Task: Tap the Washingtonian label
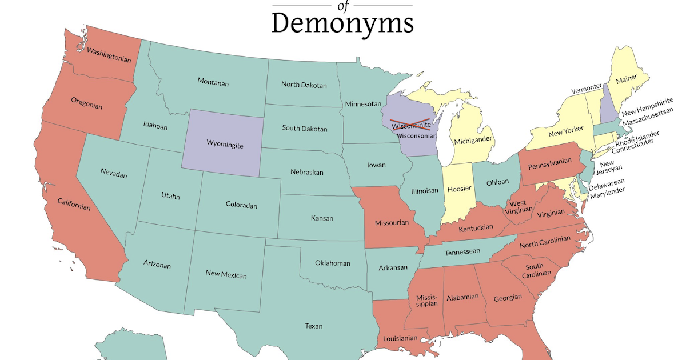click(109, 55)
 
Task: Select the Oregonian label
click(87, 103)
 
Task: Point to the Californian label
click(74, 204)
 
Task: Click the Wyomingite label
click(225, 146)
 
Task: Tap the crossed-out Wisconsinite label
click(410, 125)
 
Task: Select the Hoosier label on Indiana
click(459, 189)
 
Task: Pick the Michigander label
click(473, 141)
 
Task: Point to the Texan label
click(313, 326)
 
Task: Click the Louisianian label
click(397, 338)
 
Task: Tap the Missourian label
click(392, 222)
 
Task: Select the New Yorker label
click(565, 132)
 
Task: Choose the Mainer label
click(626, 80)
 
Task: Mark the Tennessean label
click(462, 251)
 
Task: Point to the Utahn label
click(170, 196)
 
